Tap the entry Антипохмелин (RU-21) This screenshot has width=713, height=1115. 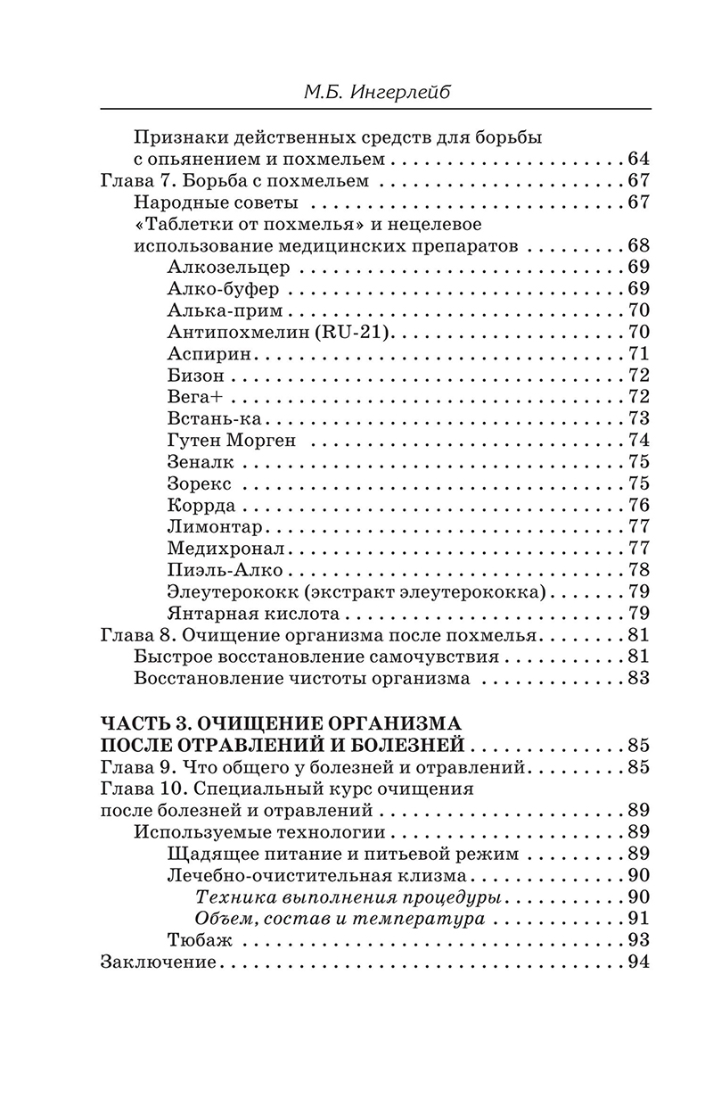280,332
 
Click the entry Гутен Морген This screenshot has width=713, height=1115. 231,440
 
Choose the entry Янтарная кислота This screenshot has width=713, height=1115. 253,613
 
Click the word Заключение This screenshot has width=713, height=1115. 160,962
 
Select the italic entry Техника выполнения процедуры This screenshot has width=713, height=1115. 346,896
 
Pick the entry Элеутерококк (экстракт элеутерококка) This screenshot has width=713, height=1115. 356,591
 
